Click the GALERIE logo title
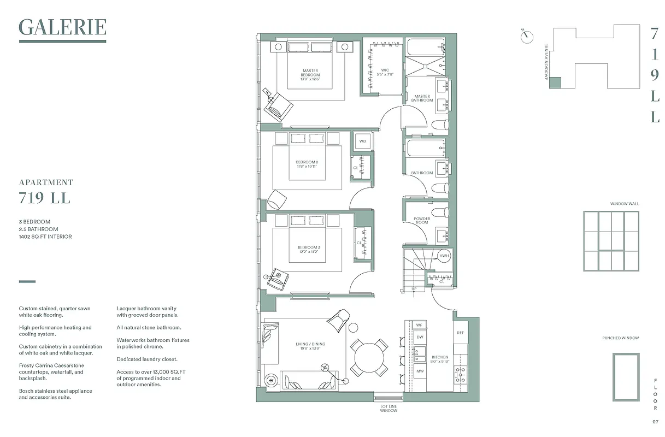click(62, 27)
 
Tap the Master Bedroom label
click(310, 75)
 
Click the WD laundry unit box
click(362, 141)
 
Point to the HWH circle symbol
click(444, 256)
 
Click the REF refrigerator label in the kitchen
click(460, 332)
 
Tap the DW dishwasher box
click(420, 338)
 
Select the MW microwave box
click(420, 371)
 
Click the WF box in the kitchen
click(420, 325)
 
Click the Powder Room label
click(422, 221)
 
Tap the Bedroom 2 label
click(307, 164)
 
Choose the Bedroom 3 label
click(309, 250)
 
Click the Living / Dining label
click(310, 346)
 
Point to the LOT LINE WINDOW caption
click(389, 409)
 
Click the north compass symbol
click(527, 36)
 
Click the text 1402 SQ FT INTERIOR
click(45, 237)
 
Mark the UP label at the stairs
click(414, 288)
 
